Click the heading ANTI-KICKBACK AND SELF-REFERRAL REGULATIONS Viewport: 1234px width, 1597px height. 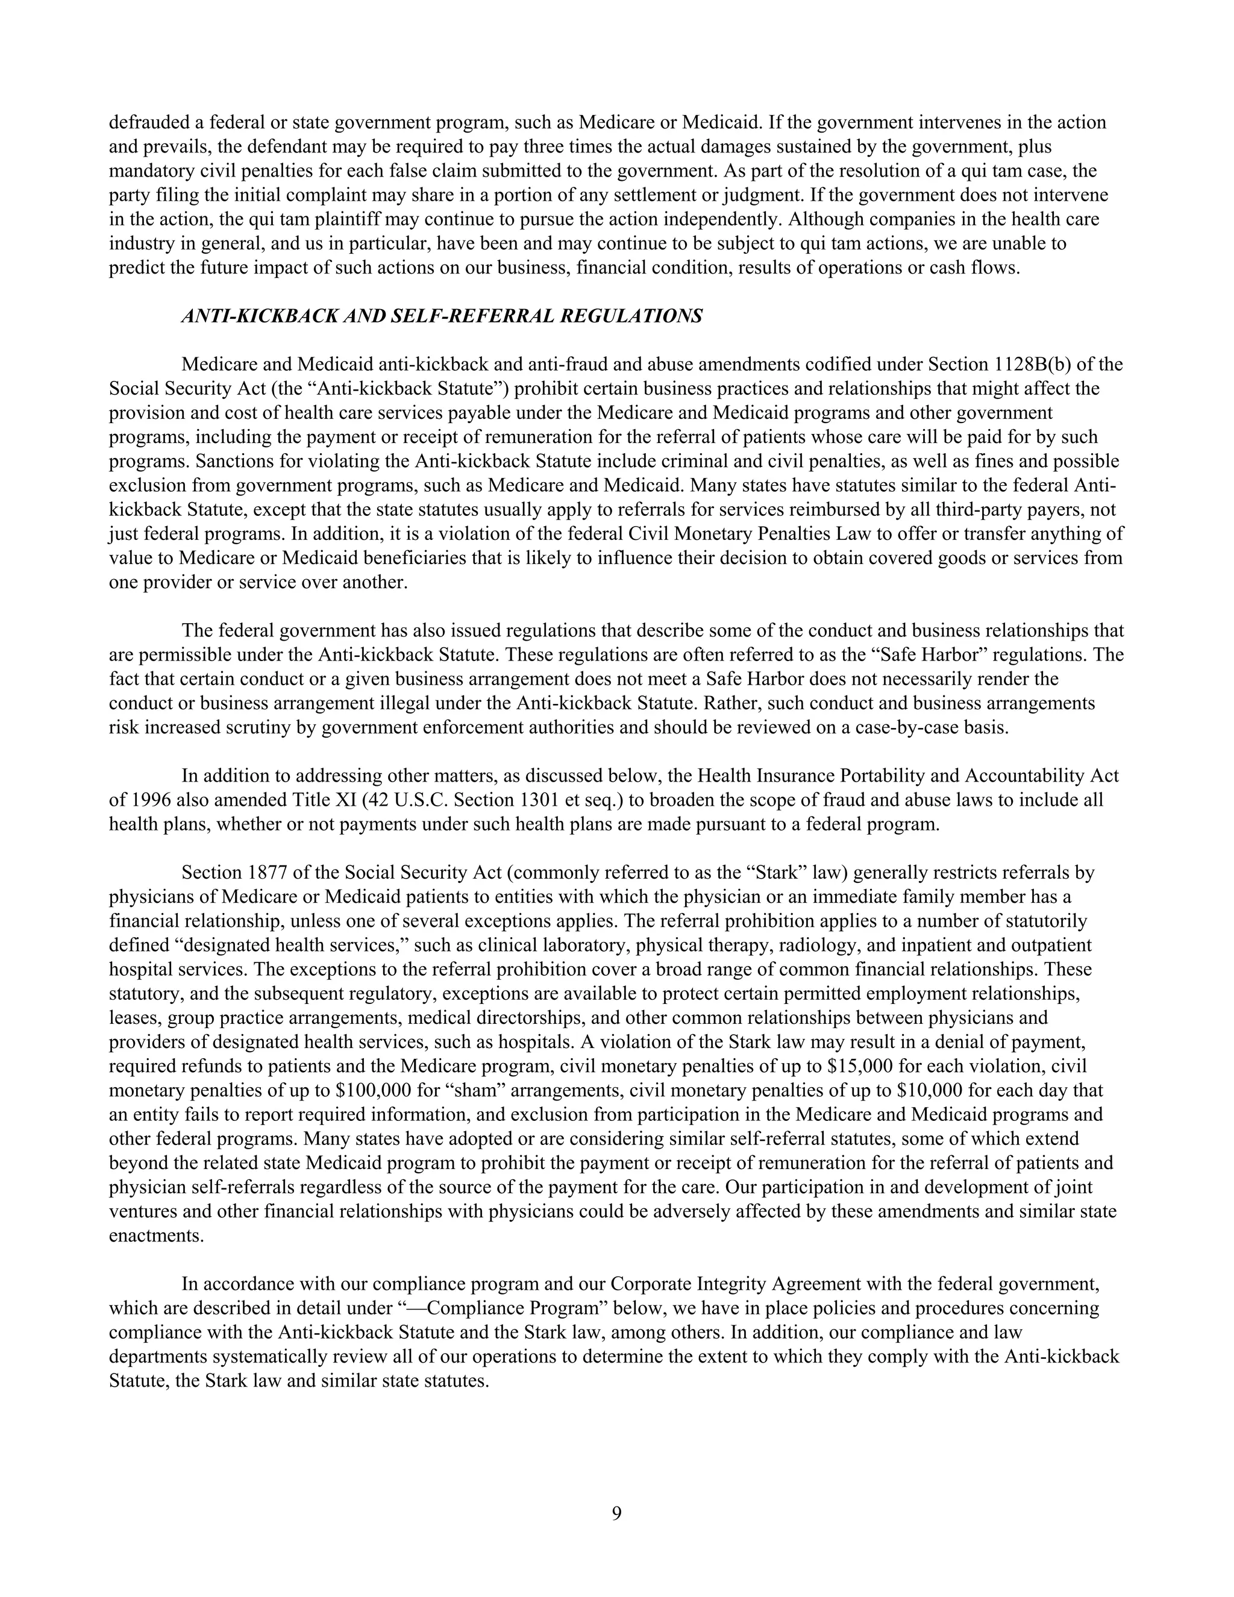pos(442,316)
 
